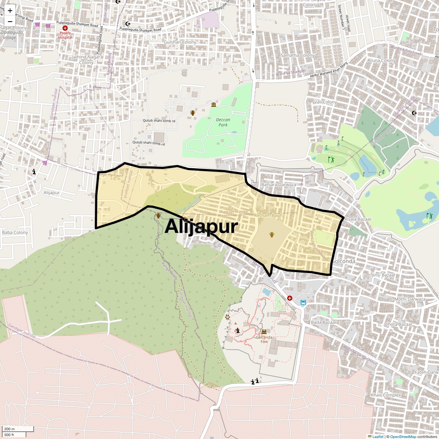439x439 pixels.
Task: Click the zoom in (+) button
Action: coord(10,11)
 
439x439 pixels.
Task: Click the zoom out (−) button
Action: coord(10,21)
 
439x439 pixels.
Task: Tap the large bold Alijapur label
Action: coord(201,226)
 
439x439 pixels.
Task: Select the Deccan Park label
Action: coord(223,122)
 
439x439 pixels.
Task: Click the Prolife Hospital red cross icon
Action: coord(65,28)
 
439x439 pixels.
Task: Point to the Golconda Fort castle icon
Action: coord(264,331)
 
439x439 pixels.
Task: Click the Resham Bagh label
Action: coord(268,215)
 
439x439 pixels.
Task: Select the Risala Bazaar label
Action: coord(358,219)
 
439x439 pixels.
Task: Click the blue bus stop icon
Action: coord(303,303)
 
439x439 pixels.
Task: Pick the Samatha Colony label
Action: coord(297,55)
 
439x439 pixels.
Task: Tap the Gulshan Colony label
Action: coord(180,42)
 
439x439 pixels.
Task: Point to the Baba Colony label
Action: coord(15,232)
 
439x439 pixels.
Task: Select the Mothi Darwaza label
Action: coord(410,299)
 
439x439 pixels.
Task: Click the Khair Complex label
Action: coord(386,395)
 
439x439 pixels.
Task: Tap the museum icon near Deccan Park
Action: coord(213,105)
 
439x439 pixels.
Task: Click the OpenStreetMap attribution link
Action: coord(403,436)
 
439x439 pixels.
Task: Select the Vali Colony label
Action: coord(325,102)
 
